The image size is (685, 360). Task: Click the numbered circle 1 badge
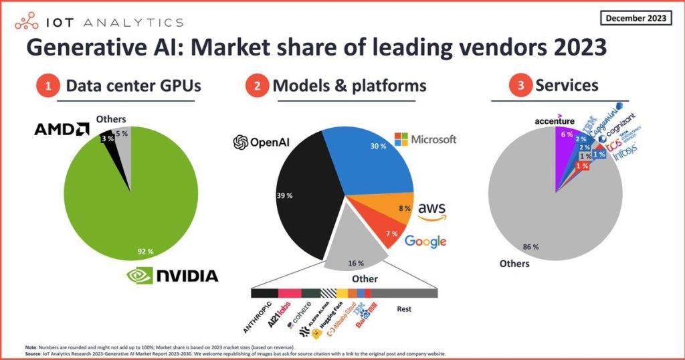pyautogui.click(x=47, y=86)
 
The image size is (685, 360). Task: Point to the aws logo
pyautogui.click(x=431, y=210)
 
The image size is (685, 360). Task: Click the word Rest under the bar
pyautogui.click(x=403, y=310)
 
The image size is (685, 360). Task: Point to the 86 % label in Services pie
pyautogui.click(x=531, y=246)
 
